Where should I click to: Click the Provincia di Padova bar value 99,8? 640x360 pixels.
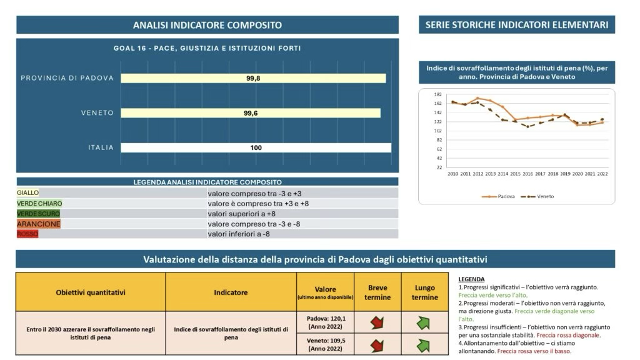point(253,78)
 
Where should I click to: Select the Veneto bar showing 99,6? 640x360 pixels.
point(251,113)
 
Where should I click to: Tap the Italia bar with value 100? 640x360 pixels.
point(256,148)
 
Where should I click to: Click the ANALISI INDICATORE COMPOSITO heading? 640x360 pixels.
point(207,25)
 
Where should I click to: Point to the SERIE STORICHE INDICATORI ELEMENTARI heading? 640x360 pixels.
point(517,25)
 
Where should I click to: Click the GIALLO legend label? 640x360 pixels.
point(27,193)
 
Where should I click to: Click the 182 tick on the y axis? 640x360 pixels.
point(437,94)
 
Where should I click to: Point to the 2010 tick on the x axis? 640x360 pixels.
point(454,173)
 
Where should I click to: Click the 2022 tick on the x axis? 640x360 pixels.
point(602,173)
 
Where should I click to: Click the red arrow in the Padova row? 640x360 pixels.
point(377,322)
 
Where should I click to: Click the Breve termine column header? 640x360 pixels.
point(377,292)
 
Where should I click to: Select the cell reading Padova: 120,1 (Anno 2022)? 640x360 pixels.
point(325,322)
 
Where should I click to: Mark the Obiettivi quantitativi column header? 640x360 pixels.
point(91,292)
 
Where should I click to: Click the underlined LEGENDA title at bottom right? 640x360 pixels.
point(471,279)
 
